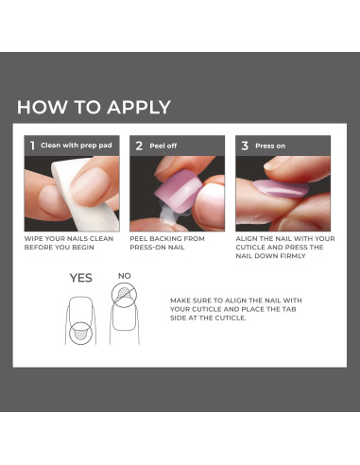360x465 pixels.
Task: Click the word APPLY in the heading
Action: (139, 107)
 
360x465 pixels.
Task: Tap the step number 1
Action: (32, 146)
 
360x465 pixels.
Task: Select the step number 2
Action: (139, 146)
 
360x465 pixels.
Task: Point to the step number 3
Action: (245, 146)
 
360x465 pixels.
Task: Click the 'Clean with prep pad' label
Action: (77, 146)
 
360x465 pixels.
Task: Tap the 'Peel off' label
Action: (163, 146)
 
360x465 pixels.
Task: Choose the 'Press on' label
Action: (270, 146)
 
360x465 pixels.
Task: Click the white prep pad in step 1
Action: (78, 196)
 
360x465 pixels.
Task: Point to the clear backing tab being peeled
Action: (167, 215)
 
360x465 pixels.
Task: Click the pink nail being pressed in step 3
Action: (282, 188)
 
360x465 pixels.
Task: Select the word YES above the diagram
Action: (81, 278)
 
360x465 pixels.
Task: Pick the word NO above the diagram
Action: (125, 276)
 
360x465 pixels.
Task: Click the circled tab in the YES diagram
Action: (80, 333)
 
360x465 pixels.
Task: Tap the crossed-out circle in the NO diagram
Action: (125, 295)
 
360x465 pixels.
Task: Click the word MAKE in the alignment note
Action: (180, 301)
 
